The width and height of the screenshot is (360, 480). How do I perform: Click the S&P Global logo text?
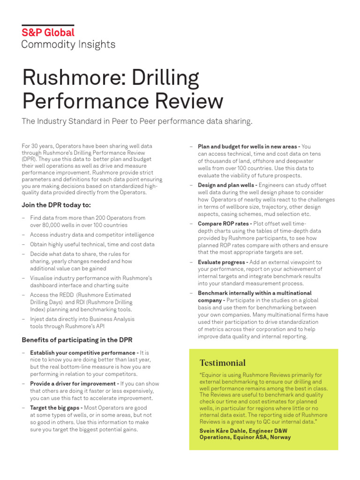[48, 33]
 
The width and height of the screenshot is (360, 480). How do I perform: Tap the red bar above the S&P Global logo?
[48, 25]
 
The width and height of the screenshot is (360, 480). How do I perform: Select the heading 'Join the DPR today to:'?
[56, 205]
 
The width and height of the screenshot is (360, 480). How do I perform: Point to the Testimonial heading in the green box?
[222, 362]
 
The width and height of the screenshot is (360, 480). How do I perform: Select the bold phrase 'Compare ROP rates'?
[225, 224]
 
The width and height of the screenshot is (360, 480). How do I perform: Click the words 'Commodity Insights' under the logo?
[68, 45]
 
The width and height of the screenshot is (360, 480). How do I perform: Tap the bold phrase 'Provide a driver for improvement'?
[74, 383]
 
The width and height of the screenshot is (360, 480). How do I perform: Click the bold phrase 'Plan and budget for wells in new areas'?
[249, 146]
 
